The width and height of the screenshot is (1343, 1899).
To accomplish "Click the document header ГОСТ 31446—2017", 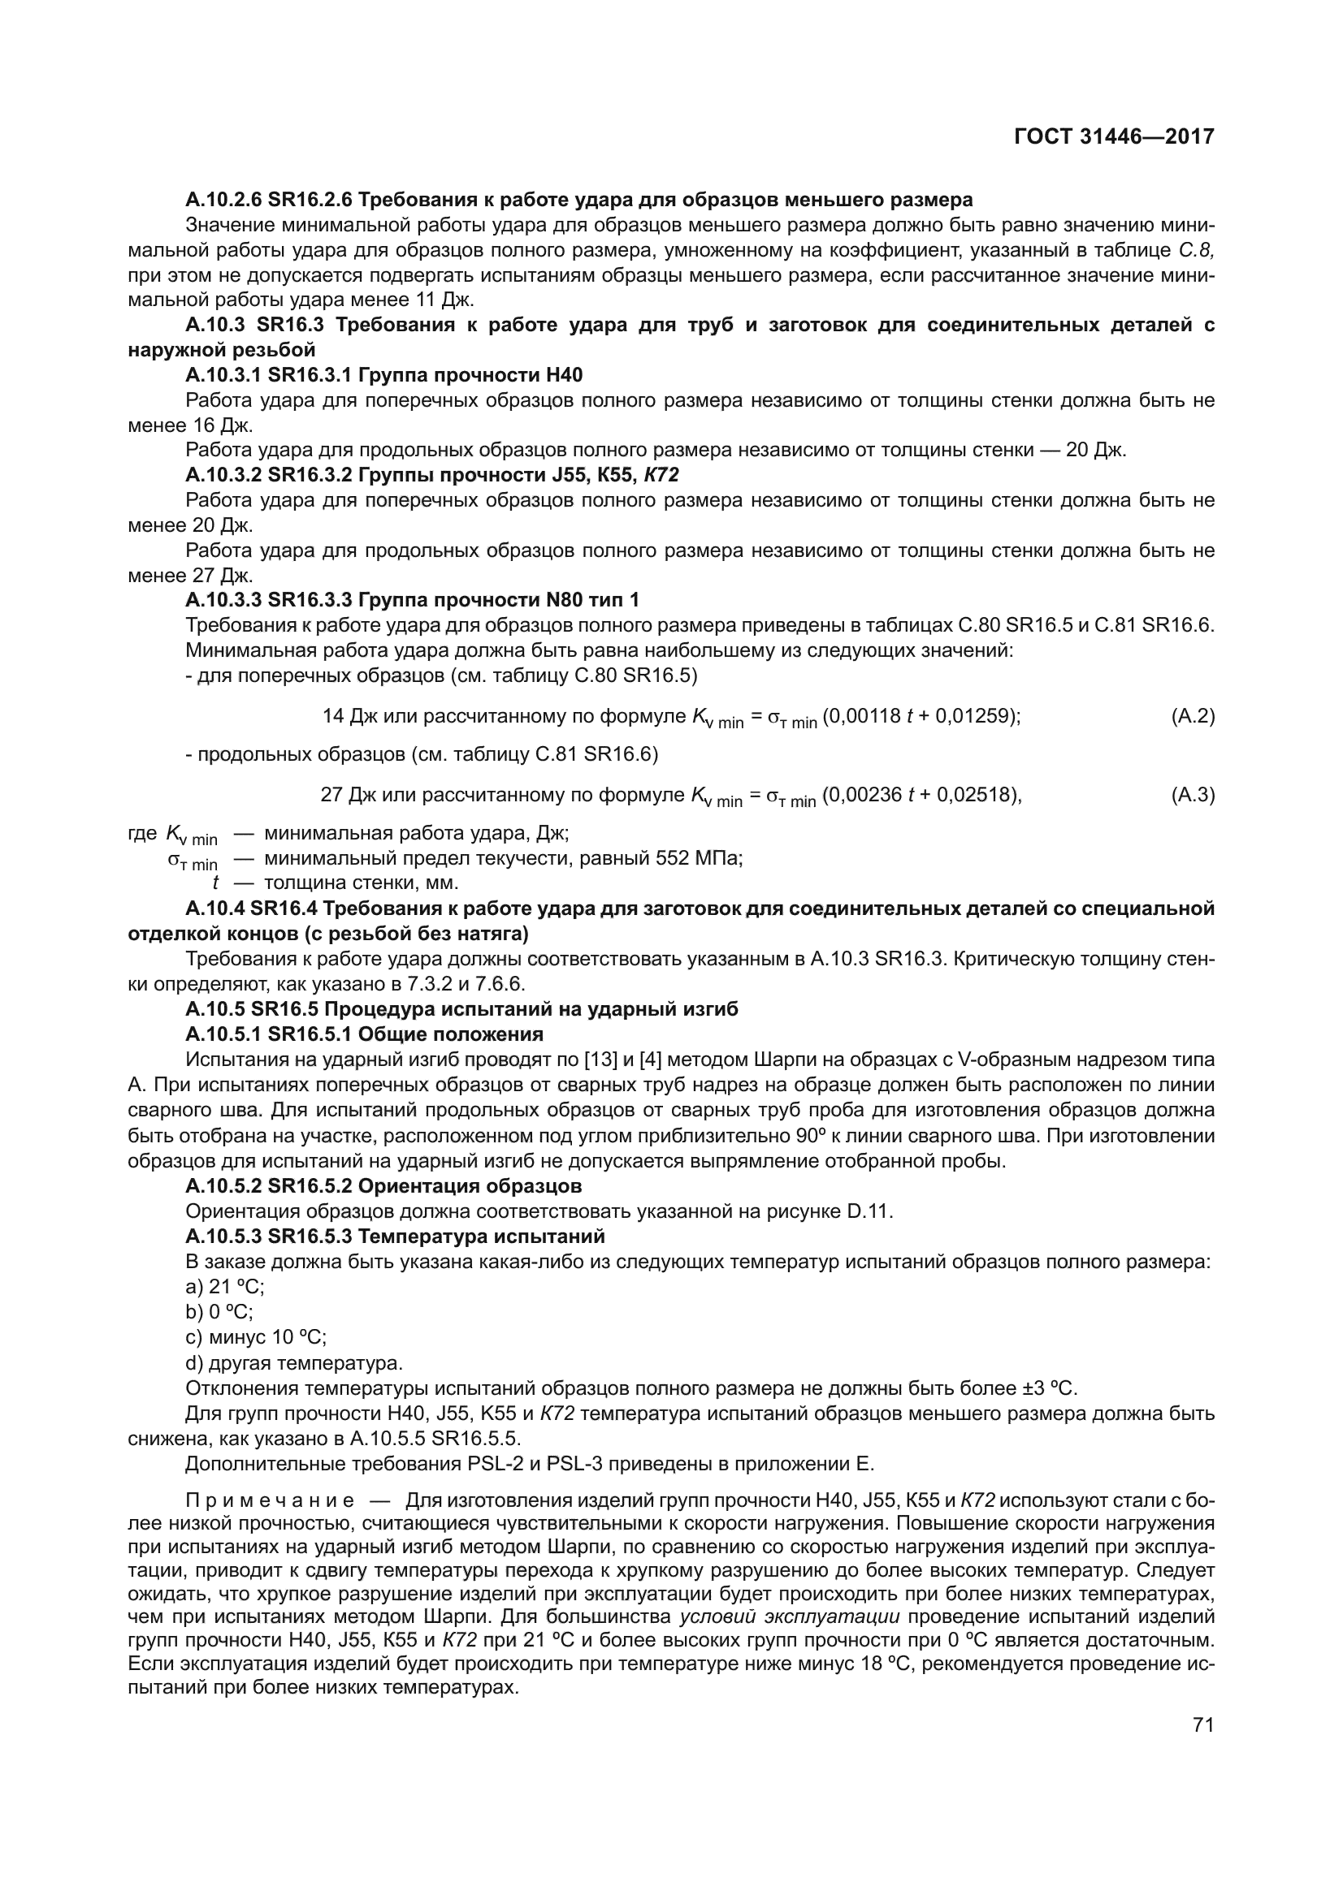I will [1114, 136].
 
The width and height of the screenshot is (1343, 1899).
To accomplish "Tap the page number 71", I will [1203, 1724].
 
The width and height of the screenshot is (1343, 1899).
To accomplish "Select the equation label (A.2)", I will [1193, 716].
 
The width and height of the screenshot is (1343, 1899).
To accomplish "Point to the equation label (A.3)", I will [1193, 795].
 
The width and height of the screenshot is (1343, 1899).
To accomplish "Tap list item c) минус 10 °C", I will [256, 1337].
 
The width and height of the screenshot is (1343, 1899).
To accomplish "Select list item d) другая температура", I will [294, 1362].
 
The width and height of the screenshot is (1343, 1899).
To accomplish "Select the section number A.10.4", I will [214, 909].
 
